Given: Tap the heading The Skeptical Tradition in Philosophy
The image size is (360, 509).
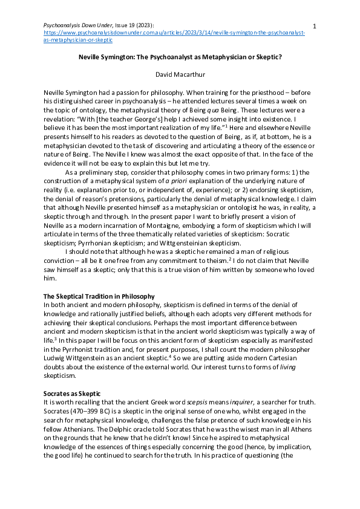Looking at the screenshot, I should click(x=99, y=296).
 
